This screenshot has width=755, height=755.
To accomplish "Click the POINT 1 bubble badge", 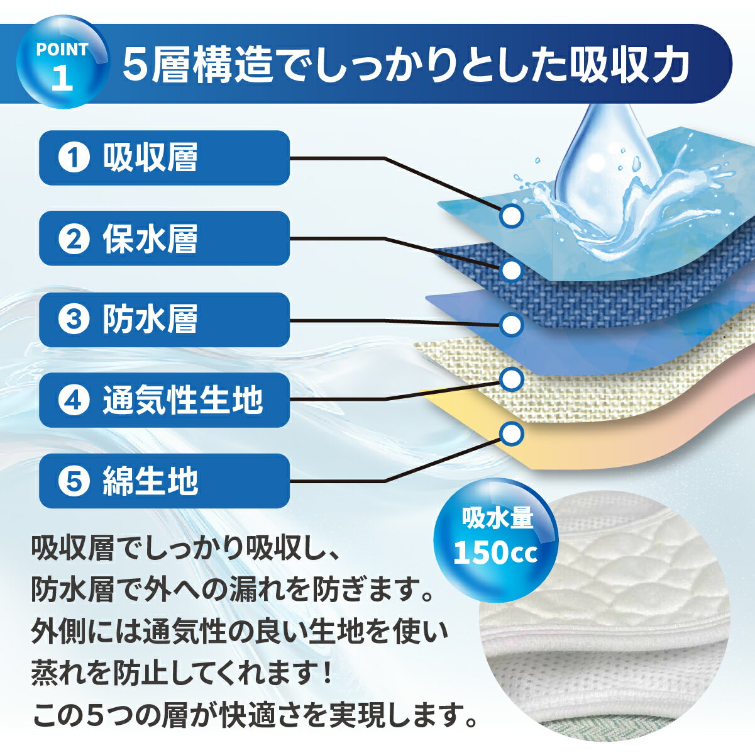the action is (63, 62).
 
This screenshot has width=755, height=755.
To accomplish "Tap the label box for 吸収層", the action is (164, 158).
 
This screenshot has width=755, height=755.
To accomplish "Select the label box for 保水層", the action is (164, 238).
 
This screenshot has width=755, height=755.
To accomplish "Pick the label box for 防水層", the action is (164, 320).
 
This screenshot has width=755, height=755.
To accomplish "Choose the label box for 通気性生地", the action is (164, 400).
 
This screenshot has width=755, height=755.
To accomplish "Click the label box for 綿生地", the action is (164, 481).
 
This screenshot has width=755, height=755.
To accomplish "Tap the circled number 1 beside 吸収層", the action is (74, 158).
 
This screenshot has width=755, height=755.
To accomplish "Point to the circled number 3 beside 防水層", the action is (74, 320).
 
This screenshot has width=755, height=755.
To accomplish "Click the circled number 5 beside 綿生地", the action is (74, 481).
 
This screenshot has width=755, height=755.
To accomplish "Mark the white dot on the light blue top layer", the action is (511, 215).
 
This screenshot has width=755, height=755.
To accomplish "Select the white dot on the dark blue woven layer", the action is (511, 270).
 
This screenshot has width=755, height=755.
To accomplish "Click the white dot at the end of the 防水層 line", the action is (511, 325).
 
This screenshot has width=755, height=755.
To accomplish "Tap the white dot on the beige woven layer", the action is (511, 379).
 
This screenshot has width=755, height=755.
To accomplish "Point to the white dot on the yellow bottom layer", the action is (511, 433).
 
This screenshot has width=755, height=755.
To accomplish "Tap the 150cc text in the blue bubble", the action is (495, 552).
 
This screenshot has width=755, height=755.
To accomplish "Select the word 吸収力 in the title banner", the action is (630, 65).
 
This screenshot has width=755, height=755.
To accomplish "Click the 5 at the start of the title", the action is (136, 65).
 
